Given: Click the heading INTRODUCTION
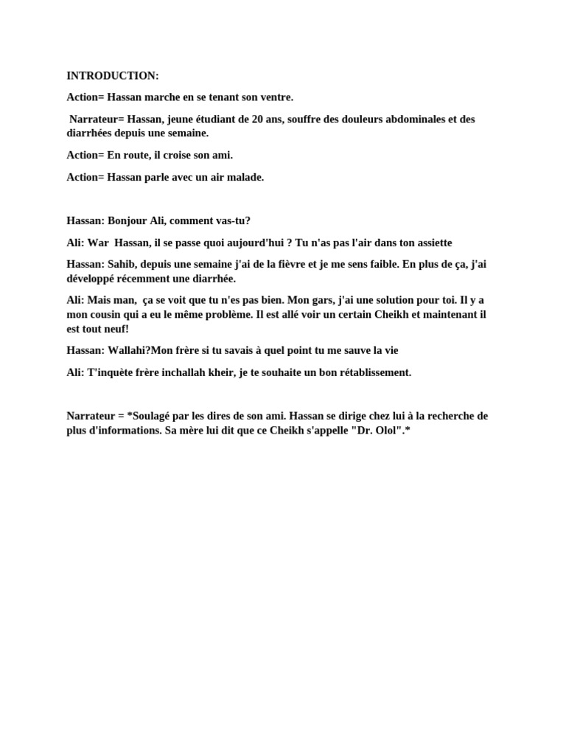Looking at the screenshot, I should pyautogui.click(x=112, y=76).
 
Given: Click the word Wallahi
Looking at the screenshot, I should pyautogui.click(x=130, y=351).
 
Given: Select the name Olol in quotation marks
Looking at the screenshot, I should pyautogui.click(x=380, y=431).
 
